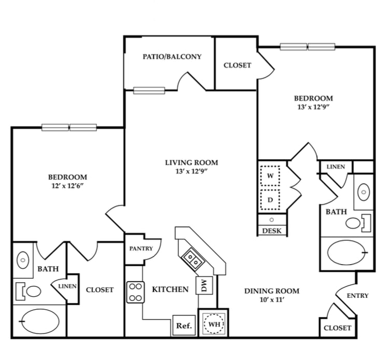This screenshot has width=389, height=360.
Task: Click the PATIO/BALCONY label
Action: click(172, 57)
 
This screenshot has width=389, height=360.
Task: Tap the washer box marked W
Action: click(270, 176)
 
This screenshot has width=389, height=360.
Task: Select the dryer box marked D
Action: click(270, 199)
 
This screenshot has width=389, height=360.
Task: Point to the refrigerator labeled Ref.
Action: click(184, 326)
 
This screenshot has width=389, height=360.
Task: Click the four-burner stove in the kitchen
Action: click(135, 292)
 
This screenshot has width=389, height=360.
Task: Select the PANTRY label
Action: click(141, 248)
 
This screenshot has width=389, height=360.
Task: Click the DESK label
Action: click(272, 231)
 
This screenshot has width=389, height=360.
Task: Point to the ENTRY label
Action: click(357, 296)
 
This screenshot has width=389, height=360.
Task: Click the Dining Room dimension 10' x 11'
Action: click(271, 300)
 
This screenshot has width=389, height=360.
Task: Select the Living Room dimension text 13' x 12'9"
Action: click(191, 172)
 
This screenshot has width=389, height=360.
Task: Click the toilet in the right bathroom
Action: click(357, 223)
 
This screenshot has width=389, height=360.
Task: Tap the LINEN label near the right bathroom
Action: click(336, 167)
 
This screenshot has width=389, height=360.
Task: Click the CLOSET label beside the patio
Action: click(237, 65)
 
